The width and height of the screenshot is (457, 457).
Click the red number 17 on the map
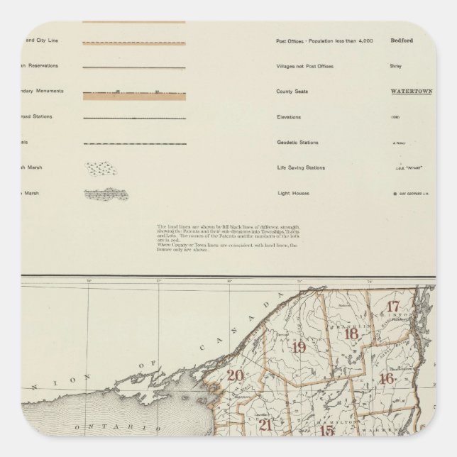point(395,307)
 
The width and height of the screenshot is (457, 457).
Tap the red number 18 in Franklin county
point(349,335)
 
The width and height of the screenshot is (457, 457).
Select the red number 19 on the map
point(299,347)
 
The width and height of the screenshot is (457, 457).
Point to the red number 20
point(234,376)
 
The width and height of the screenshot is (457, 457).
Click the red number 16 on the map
point(387,378)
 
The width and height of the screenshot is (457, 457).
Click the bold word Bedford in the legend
point(402,40)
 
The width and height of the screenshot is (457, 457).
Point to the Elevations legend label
point(289,117)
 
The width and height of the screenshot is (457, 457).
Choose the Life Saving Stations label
point(301,167)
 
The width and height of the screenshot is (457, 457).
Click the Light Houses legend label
point(292,193)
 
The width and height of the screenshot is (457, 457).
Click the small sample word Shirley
point(396,66)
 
